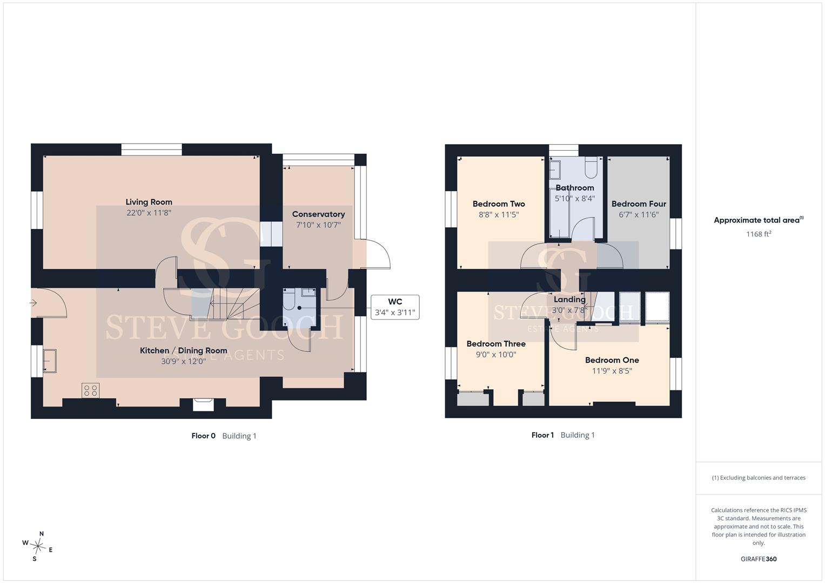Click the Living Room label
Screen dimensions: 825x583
pos(149,202)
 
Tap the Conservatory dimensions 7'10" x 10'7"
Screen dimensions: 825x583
pos(319,225)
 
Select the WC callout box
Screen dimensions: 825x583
pos(395,307)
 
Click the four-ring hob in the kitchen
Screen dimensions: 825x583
pos(91,390)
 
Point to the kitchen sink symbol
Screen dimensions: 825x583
pos(50,361)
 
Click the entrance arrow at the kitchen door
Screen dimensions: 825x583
pos(33,303)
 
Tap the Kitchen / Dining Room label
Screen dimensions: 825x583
pos(183,351)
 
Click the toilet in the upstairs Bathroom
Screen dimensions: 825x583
pos(591,167)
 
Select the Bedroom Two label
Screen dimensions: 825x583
pos(499,204)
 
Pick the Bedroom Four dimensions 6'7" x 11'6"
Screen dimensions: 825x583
pos(639,215)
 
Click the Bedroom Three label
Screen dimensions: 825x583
pos(496,344)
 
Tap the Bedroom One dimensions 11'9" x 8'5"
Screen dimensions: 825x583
pos(612,371)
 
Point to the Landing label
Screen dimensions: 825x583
pos(569,300)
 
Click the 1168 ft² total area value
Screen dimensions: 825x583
pos(759,234)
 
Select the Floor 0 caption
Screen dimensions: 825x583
pos(203,436)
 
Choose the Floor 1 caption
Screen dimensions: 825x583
pos(542,435)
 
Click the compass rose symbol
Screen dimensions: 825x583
pos(38,546)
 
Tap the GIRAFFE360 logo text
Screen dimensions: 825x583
pos(759,559)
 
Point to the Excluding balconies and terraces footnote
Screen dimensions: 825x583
pos(759,478)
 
